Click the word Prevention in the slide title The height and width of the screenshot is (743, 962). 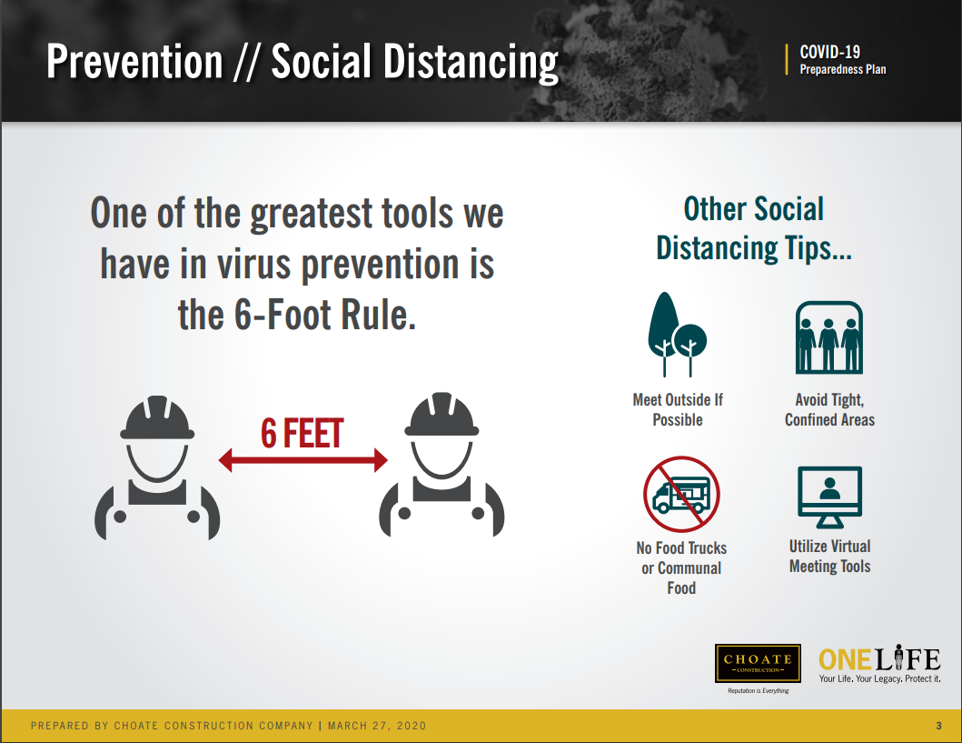click(134, 62)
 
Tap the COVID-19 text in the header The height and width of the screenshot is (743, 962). click(829, 52)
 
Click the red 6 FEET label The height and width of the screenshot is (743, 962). click(302, 433)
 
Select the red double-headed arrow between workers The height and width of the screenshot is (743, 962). click(303, 460)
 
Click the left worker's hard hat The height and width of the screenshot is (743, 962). click(157, 417)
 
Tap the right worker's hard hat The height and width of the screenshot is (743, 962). click(441, 415)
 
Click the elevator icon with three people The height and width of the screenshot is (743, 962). click(828, 337)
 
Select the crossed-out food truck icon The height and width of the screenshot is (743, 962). click(681, 494)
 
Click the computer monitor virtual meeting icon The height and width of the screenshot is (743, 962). click(829, 497)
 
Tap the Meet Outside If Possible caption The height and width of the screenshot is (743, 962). click(678, 409)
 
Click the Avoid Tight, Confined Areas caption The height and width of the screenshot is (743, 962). click(829, 409)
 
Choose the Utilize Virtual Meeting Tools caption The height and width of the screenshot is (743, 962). click(829, 556)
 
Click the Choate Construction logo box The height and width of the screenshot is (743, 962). click(758, 663)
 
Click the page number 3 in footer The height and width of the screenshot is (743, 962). click(938, 726)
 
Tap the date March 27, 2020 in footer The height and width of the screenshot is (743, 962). click(377, 726)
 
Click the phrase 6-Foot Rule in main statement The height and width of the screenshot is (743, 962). click(324, 315)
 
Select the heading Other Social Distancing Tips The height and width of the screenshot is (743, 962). click(754, 228)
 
